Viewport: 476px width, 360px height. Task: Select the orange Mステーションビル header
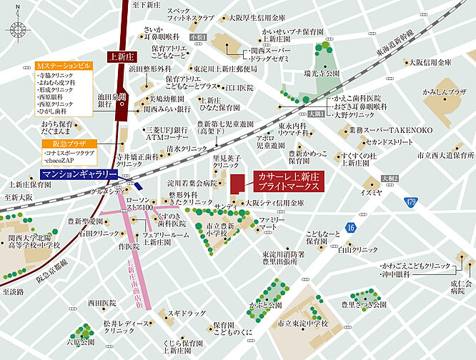[x=63, y=65]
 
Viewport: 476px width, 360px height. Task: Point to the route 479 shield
[x=409, y=203]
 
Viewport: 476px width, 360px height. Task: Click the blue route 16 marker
[x=349, y=227]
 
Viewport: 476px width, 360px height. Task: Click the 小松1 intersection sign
[x=197, y=36]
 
